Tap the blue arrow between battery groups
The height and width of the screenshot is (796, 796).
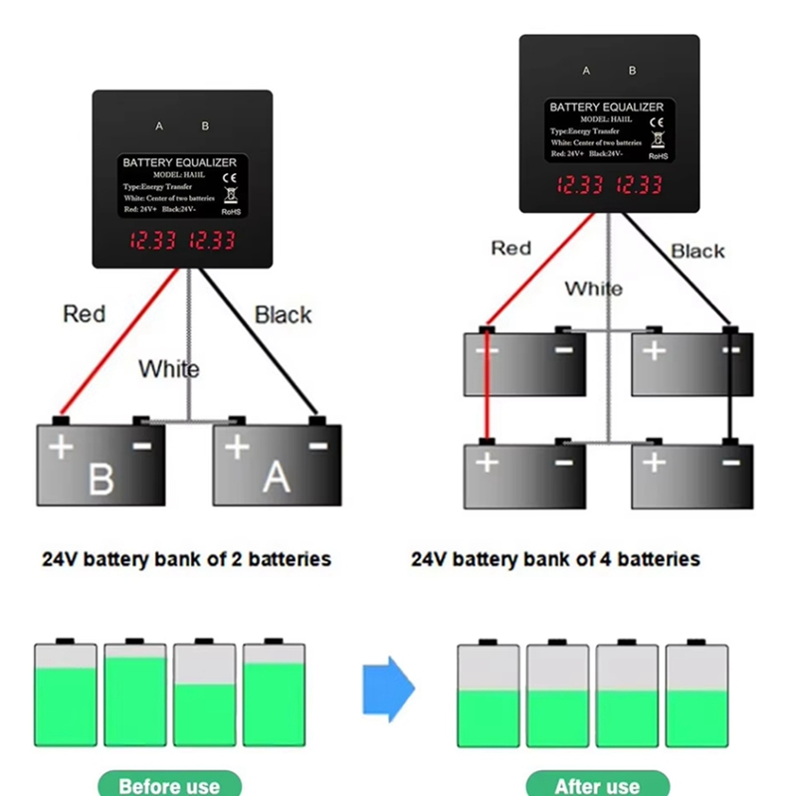(x=387, y=689)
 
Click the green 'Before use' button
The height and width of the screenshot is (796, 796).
(x=169, y=784)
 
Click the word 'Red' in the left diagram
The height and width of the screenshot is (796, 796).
(x=84, y=314)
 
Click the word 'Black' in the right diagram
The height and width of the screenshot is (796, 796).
(x=697, y=252)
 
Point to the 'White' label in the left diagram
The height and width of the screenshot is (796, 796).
(x=168, y=369)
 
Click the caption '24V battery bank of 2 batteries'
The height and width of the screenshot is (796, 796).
(x=186, y=559)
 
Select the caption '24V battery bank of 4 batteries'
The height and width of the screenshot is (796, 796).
(x=555, y=559)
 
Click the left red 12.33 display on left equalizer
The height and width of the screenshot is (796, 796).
(x=150, y=241)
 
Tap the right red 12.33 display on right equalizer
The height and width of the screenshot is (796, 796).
(x=638, y=185)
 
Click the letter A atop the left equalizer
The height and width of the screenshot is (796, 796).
(x=159, y=126)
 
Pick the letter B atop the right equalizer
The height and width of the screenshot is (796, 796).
(x=633, y=71)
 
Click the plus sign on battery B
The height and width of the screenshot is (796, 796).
(x=62, y=448)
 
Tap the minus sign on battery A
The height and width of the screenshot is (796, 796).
(x=318, y=447)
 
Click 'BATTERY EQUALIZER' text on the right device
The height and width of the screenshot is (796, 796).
(x=606, y=106)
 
